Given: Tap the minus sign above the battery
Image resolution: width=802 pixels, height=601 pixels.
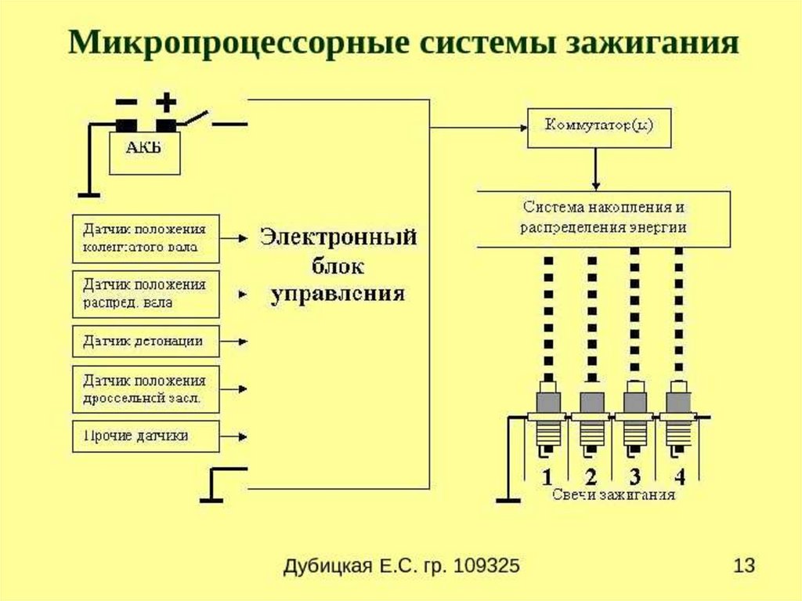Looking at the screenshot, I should click(x=125, y=103).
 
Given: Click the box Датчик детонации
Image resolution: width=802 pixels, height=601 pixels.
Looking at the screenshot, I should click(x=146, y=342).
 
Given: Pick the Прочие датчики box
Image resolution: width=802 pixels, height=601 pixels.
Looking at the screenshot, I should click(x=146, y=435).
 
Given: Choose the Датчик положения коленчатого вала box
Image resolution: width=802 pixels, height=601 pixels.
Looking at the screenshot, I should click(x=146, y=239).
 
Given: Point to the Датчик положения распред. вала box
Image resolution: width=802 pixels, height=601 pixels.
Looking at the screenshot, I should click(x=146, y=293).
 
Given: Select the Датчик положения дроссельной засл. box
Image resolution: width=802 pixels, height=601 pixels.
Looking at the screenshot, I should click(x=146, y=389).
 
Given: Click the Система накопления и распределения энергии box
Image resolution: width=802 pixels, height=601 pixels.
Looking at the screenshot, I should click(x=604, y=218).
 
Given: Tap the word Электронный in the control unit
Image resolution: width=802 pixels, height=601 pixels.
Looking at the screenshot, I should click(x=338, y=237).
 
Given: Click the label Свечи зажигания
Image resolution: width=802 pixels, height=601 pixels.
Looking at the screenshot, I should click(x=613, y=495).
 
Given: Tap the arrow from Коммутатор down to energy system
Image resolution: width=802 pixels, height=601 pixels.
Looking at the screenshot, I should click(x=597, y=168).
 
